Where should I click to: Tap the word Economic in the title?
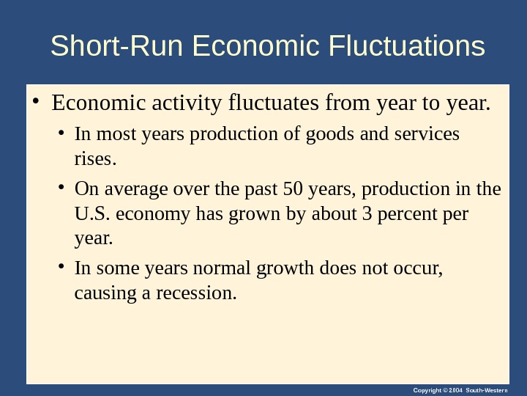point(256,47)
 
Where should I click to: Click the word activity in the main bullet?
point(187,103)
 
